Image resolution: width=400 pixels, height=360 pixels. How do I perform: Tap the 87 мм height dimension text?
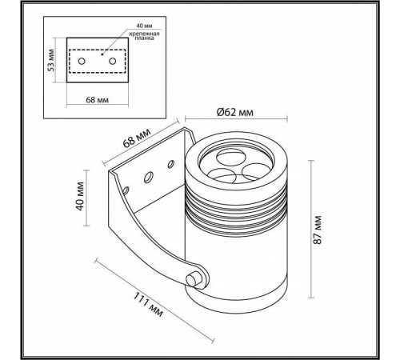tap(318, 229)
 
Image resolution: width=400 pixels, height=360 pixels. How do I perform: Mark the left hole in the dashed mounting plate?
tap(82, 61)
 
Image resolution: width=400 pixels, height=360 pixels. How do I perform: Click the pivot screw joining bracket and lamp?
tap(193, 279)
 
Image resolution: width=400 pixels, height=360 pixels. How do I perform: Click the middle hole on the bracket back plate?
tap(149, 176)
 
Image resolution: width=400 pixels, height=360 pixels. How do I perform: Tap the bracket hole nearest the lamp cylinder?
tap(170, 165)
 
